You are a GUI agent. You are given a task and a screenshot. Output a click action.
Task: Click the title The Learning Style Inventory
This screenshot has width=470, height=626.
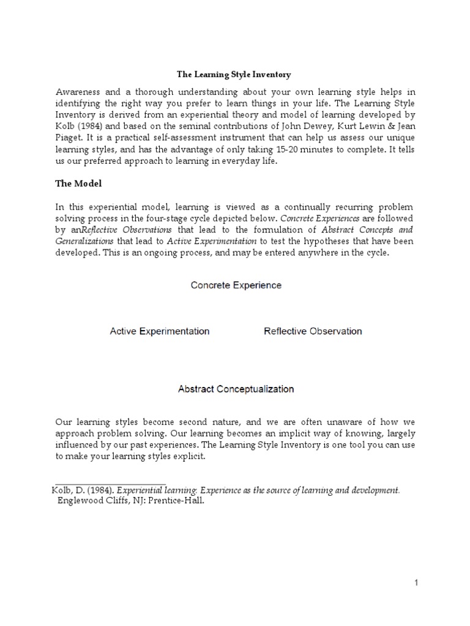pyautogui.click(x=234, y=75)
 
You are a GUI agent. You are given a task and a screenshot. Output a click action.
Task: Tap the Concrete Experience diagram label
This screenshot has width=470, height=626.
pyautogui.click(x=236, y=285)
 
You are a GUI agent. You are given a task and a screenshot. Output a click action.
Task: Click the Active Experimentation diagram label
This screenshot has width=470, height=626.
pyautogui.click(x=160, y=331)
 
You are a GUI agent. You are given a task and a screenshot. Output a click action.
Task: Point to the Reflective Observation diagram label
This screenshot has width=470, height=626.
pyautogui.click(x=313, y=331)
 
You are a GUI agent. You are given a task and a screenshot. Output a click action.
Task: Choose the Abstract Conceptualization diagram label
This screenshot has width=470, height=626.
pyautogui.click(x=236, y=389)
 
